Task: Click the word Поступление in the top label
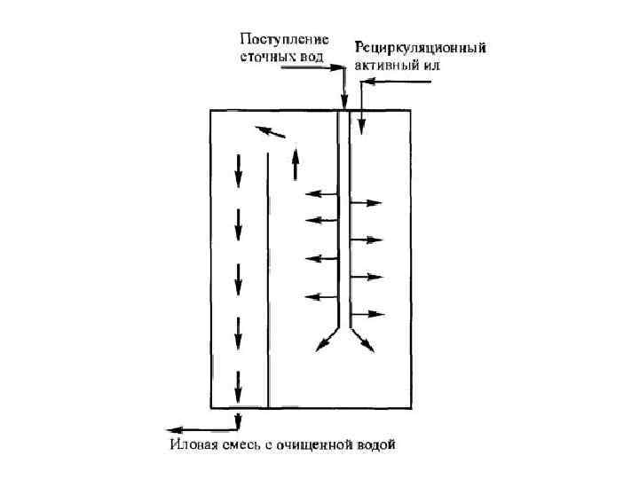point(284,39)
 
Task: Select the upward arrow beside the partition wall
point(296,163)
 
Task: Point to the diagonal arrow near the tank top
point(272,132)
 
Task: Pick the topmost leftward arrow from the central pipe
point(320,193)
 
